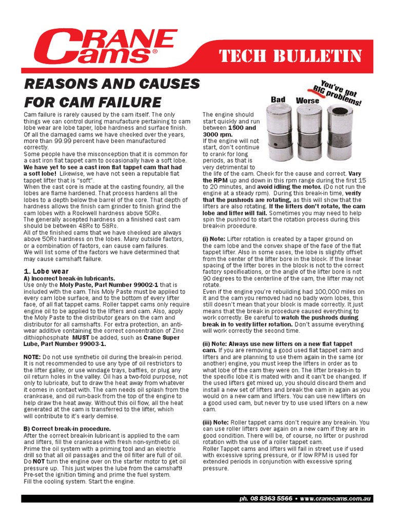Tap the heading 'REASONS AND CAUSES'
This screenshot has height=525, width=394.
[x=112, y=84]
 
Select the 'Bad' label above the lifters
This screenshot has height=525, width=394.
[x=278, y=99]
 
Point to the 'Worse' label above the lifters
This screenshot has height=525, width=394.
[x=307, y=100]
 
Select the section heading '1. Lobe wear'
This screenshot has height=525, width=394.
[x=46, y=271]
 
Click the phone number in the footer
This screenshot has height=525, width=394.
[x=274, y=498]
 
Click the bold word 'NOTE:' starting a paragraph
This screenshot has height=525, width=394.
[x=34, y=356]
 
